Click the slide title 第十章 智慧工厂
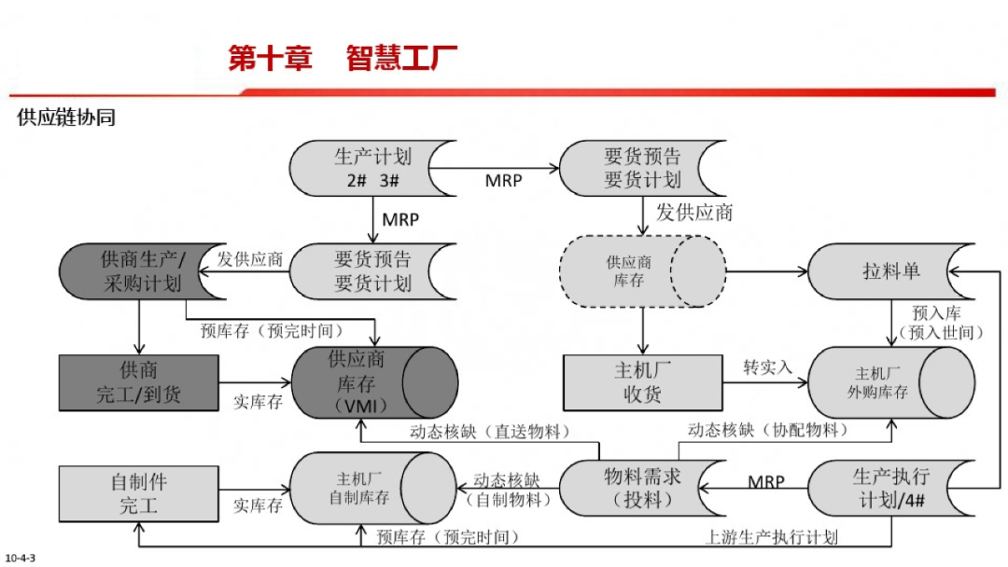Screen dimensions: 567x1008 pyautogui.click(x=343, y=60)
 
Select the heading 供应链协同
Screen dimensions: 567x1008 pyautogui.click(x=65, y=118)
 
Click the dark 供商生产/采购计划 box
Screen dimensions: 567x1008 pyautogui.click(x=142, y=271)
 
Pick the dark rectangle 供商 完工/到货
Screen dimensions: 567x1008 pyautogui.click(x=138, y=382)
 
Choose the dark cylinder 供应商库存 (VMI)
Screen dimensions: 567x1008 pyautogui.click(x=373, y=382)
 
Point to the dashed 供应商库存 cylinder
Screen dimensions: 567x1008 pyautogui.click(x=642, y=271)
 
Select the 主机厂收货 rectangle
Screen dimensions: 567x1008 pyautogui.click(x=642, y=382)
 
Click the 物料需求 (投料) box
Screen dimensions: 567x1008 pyautogui.click(x=642, y=488)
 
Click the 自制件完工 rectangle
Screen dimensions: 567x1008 pyautogui.click(x=138, y=493)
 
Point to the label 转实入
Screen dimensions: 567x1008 pyautogui.click(x=767, y=368)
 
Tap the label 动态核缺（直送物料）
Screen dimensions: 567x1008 pyautogui.click(x=490, y=432)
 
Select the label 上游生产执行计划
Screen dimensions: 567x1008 pyautogui.click(x=771, y=537)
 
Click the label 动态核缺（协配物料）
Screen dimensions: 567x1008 pyautogui.click(x=768, y=430)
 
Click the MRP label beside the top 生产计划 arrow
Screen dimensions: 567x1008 pyautogui.click(x=504, y=181)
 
